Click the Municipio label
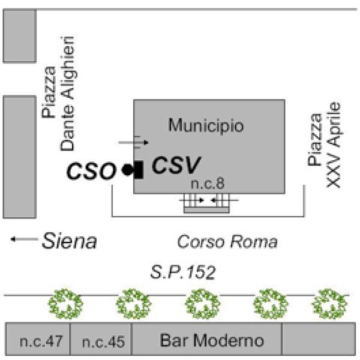[206, 127]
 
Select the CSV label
[175, 165]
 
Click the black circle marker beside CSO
[127, 170]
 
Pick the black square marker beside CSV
[138, 170]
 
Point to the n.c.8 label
[206, 184]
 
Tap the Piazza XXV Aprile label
[323, 144]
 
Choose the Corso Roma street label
[228, 242]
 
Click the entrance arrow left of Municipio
[133, 143]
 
